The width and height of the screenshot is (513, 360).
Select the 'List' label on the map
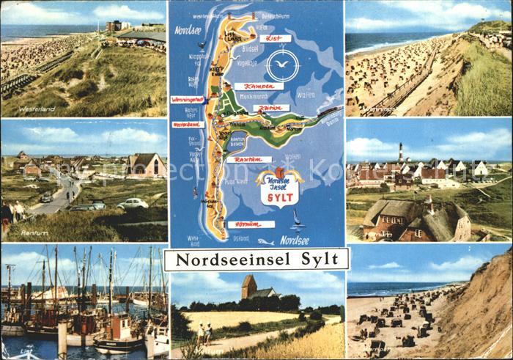click(275, 38)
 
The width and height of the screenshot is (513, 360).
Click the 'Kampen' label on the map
click(259, 86)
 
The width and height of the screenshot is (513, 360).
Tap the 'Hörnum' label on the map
click(250, 224)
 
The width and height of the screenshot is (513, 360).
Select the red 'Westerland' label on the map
click(188, 125)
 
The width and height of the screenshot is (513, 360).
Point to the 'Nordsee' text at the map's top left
click(188, 30)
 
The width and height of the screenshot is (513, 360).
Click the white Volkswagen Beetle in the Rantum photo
click(133, 203)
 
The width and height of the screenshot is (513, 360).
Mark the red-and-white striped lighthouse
click(400, 153)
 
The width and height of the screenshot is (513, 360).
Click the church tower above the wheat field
click(248, 287)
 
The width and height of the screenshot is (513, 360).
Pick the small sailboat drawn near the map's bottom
click(295, 218)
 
